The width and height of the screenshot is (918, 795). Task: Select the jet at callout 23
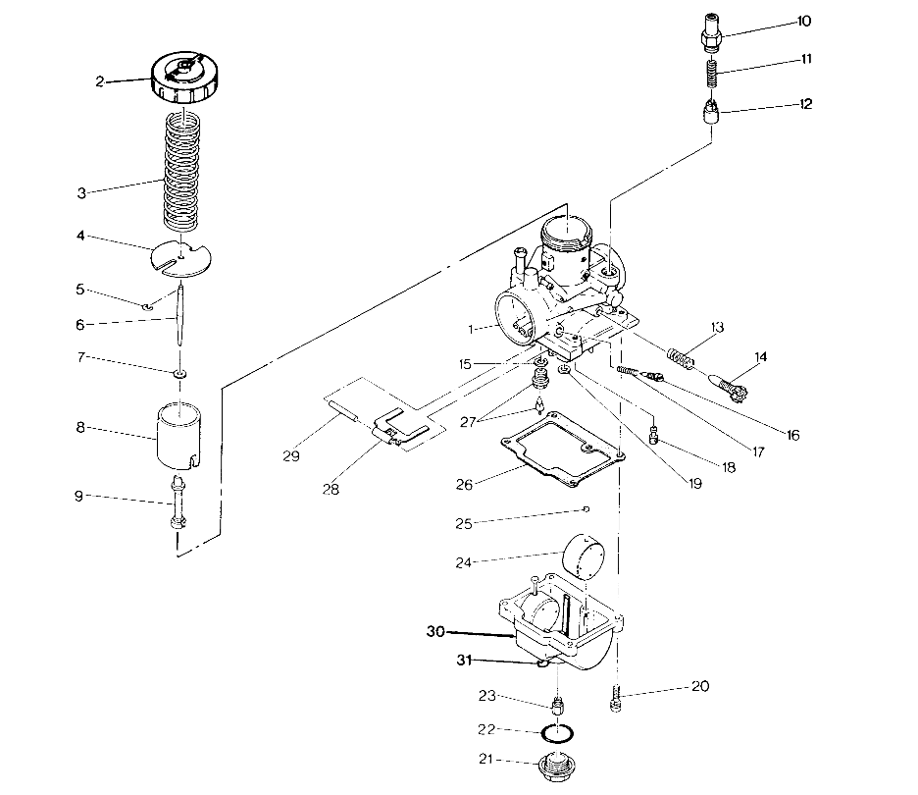coord(559,704)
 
